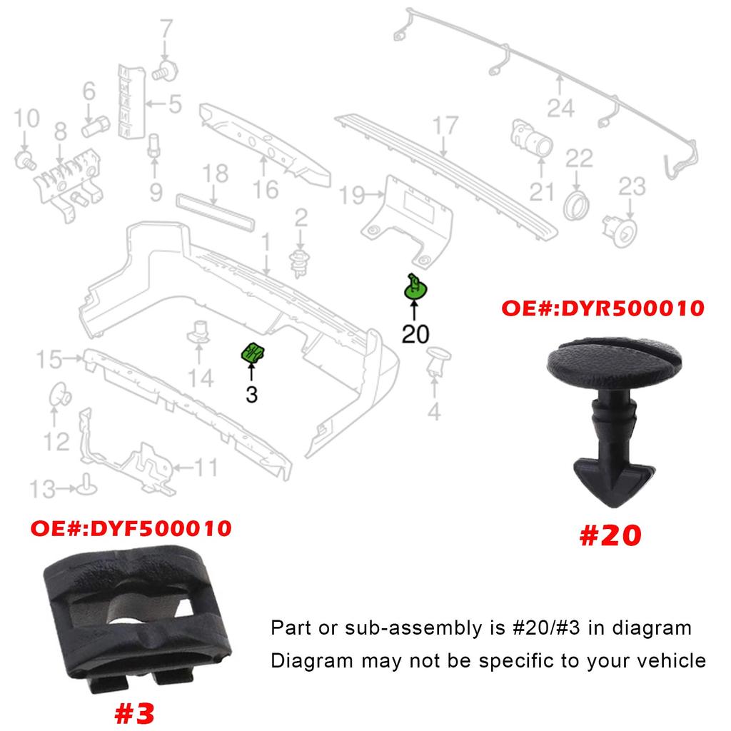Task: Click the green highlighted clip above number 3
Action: [253, 352]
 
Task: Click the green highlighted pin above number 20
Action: [415, 288]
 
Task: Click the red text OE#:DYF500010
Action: [131, 529]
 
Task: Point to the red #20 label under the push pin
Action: [610, 535]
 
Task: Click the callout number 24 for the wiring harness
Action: [560, 109]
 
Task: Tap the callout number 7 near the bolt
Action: [166, 31]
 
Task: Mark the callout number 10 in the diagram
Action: [26, 119]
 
